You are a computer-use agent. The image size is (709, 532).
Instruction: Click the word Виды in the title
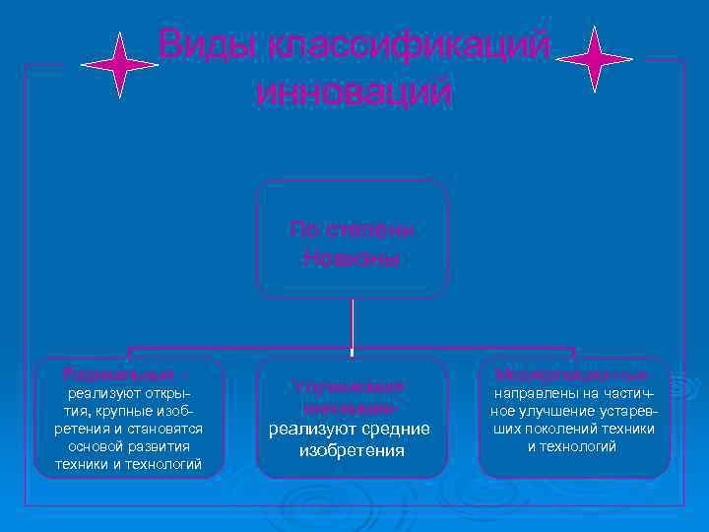click(x=201, y=44)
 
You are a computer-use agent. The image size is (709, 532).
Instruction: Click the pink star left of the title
click(x=119, y=64)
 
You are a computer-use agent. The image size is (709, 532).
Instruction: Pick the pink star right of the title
click(x=594, y=59)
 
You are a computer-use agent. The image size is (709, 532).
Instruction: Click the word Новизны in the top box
click(x=352, y=259)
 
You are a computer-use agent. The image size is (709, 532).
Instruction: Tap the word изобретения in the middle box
click(x=352, y=450)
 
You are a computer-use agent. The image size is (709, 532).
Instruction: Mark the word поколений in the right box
click(x=554, y=429)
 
